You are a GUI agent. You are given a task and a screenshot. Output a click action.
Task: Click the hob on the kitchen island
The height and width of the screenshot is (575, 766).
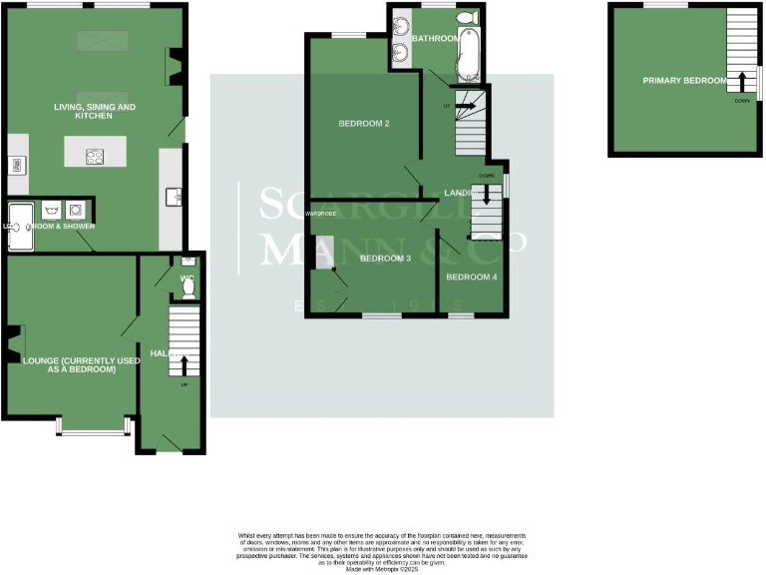pyautogui.click(x=95, y=155)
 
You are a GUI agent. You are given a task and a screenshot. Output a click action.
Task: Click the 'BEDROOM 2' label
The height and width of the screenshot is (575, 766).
pyautogui.click(x=364, y=124)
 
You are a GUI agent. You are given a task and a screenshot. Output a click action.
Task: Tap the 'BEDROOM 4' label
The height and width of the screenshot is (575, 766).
pyautogui.click(x=471, y=277)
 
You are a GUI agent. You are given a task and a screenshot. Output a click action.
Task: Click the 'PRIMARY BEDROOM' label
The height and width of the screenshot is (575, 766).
pyautogui.click(x=684, y=80)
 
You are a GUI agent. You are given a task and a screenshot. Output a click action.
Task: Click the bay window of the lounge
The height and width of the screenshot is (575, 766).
pyautogui.click(x=94, y=430)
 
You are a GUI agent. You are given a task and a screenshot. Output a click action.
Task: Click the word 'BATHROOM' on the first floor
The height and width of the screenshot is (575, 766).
pyautogui.click(x=434, y=39)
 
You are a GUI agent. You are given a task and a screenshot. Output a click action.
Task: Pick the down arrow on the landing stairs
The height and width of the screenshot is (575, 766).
pyautogui.click(x=487, y=197)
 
